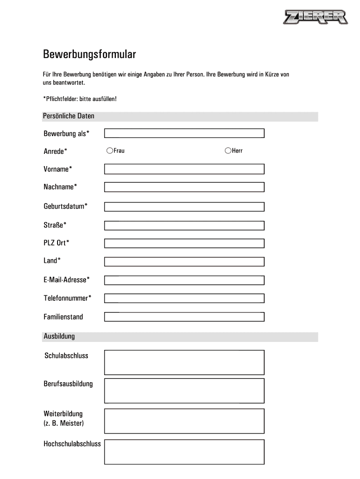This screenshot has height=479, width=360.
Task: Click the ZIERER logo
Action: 316,18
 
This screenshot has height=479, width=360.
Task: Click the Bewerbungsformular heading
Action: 90,55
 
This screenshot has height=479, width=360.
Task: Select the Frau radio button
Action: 109,151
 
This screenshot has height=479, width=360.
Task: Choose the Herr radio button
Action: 228,151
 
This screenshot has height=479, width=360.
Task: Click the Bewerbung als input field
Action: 184,133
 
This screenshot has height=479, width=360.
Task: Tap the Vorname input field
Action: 184,169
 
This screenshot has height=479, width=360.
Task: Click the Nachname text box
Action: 184,187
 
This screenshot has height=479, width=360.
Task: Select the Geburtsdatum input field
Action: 184,206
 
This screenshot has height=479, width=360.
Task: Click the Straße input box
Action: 184,225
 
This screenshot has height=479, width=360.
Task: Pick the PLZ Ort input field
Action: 184,243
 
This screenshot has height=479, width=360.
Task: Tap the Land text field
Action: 184,261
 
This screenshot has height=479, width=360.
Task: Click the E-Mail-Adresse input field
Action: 184,280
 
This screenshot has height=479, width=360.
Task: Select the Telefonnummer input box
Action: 184,298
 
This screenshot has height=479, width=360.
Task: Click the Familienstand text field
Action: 184,317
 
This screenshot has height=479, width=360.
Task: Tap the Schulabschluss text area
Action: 184,363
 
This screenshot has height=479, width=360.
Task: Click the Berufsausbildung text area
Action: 184,391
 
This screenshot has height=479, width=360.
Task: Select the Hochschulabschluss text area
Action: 184,451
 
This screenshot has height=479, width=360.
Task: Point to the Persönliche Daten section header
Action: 69,116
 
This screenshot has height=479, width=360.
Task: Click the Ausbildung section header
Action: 59,336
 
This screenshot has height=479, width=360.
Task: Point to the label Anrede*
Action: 55,151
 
